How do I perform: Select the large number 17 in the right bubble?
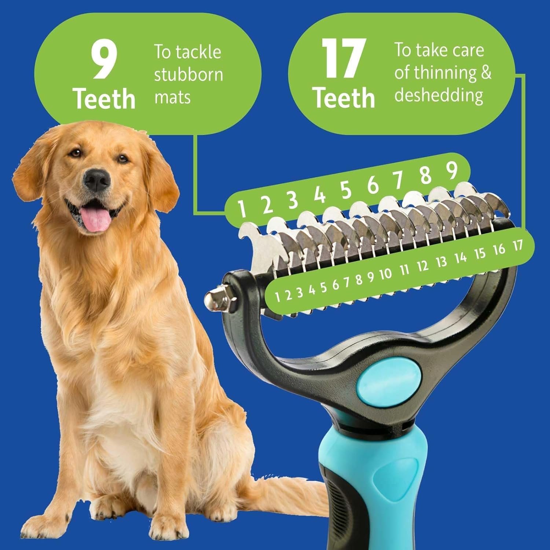(x=343, y=59)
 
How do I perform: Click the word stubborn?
(x=188, y=74)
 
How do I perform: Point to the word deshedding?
(x=439, y=95)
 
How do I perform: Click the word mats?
(x=172, y=97)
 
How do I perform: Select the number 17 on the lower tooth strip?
(x=518, y=245)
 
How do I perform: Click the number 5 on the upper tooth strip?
(x=345, y=189)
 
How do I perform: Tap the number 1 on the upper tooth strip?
(x=241, y=208)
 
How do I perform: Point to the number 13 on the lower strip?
(x=442, y=261)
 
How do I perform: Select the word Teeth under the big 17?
(x=344, y=98)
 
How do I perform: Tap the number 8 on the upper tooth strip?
(x=425, y=175)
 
